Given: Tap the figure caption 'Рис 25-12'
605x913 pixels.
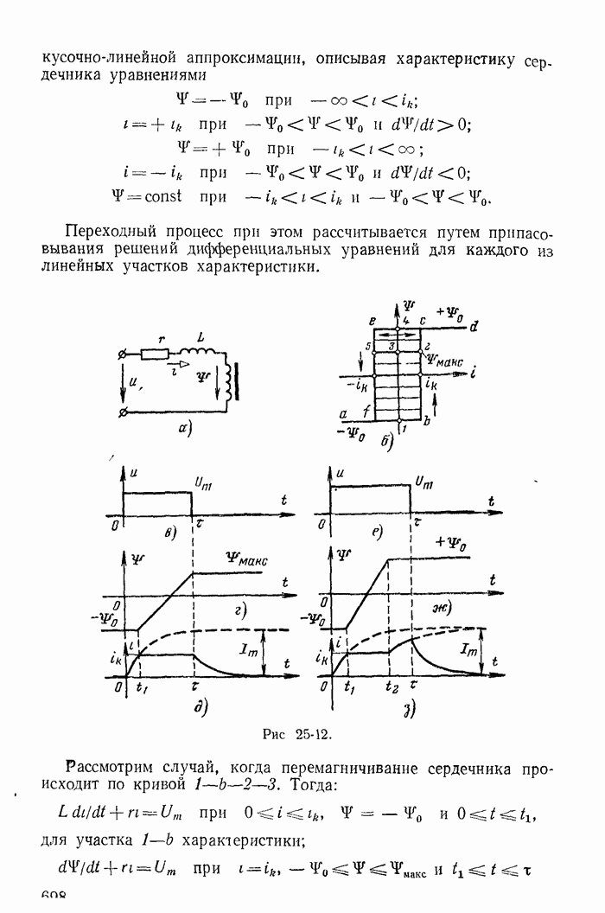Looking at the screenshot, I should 296,735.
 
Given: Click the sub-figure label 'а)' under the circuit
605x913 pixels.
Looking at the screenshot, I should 184,427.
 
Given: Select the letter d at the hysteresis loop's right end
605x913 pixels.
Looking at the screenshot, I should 476,325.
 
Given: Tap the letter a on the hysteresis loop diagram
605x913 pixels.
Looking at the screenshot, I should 346,413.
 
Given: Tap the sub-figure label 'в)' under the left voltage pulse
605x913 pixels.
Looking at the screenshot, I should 172,531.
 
